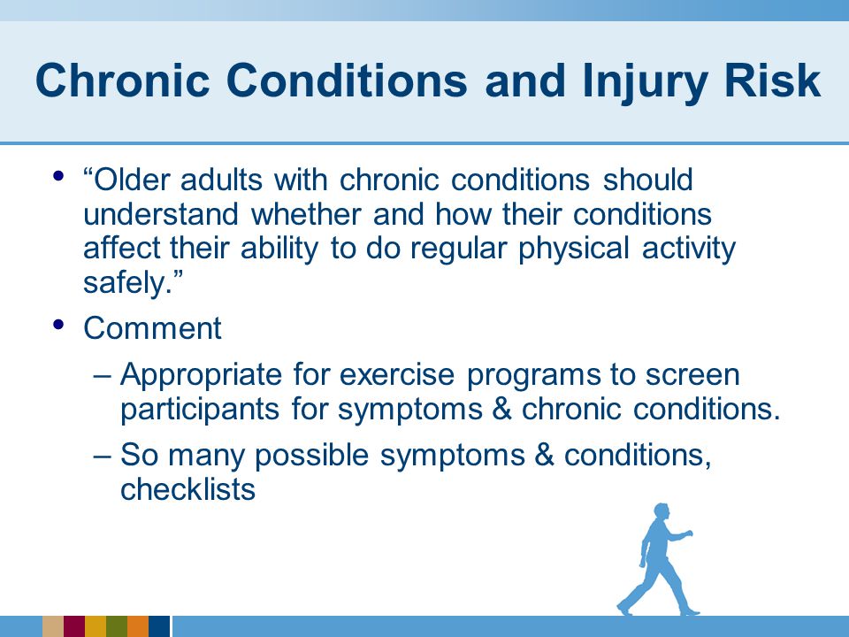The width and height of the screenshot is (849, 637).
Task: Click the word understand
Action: pos(161,213)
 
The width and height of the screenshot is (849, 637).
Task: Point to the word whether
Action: pos(306,213)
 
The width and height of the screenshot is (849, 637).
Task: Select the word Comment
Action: pos(152,327)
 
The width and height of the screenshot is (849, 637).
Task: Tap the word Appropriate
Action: pos(201,375)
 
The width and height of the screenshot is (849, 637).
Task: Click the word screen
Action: pos(692,375)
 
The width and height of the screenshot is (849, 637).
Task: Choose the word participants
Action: pos(200,410)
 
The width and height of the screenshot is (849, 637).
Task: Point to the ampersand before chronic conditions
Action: pos(502,409)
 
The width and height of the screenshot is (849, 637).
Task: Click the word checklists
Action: pos(187,488)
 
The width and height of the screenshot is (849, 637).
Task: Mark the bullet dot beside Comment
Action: pos(59,325)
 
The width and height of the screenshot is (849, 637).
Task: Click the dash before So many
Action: pos(102,455)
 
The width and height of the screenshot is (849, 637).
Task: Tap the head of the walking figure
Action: pos(662,511)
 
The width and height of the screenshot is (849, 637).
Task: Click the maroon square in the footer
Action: pos(74,626)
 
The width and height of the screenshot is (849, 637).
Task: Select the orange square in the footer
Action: pos(138,626)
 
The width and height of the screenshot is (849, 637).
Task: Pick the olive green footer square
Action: pos(117,626)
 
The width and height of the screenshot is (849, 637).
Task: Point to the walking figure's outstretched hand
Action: pos(689,533)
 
